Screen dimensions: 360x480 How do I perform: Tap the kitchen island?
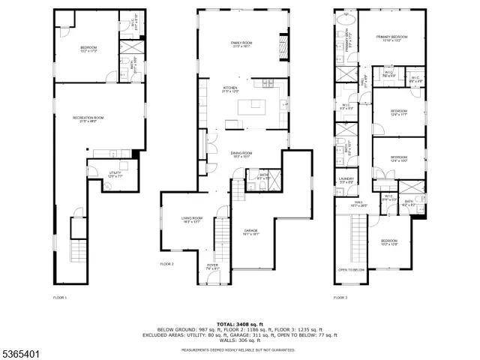point(252,107)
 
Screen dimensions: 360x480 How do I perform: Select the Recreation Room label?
point(88,119)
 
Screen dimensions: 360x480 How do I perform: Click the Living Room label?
point(192,220)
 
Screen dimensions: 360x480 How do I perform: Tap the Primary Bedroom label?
point(391,38)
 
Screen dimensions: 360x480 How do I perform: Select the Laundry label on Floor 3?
point(345,180)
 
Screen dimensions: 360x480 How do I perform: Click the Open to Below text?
point(350,269)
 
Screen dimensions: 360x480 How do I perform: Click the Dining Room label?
point(241,154)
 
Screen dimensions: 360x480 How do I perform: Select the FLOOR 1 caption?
point(60,298)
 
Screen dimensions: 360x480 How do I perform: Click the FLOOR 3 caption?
point(341,298)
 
